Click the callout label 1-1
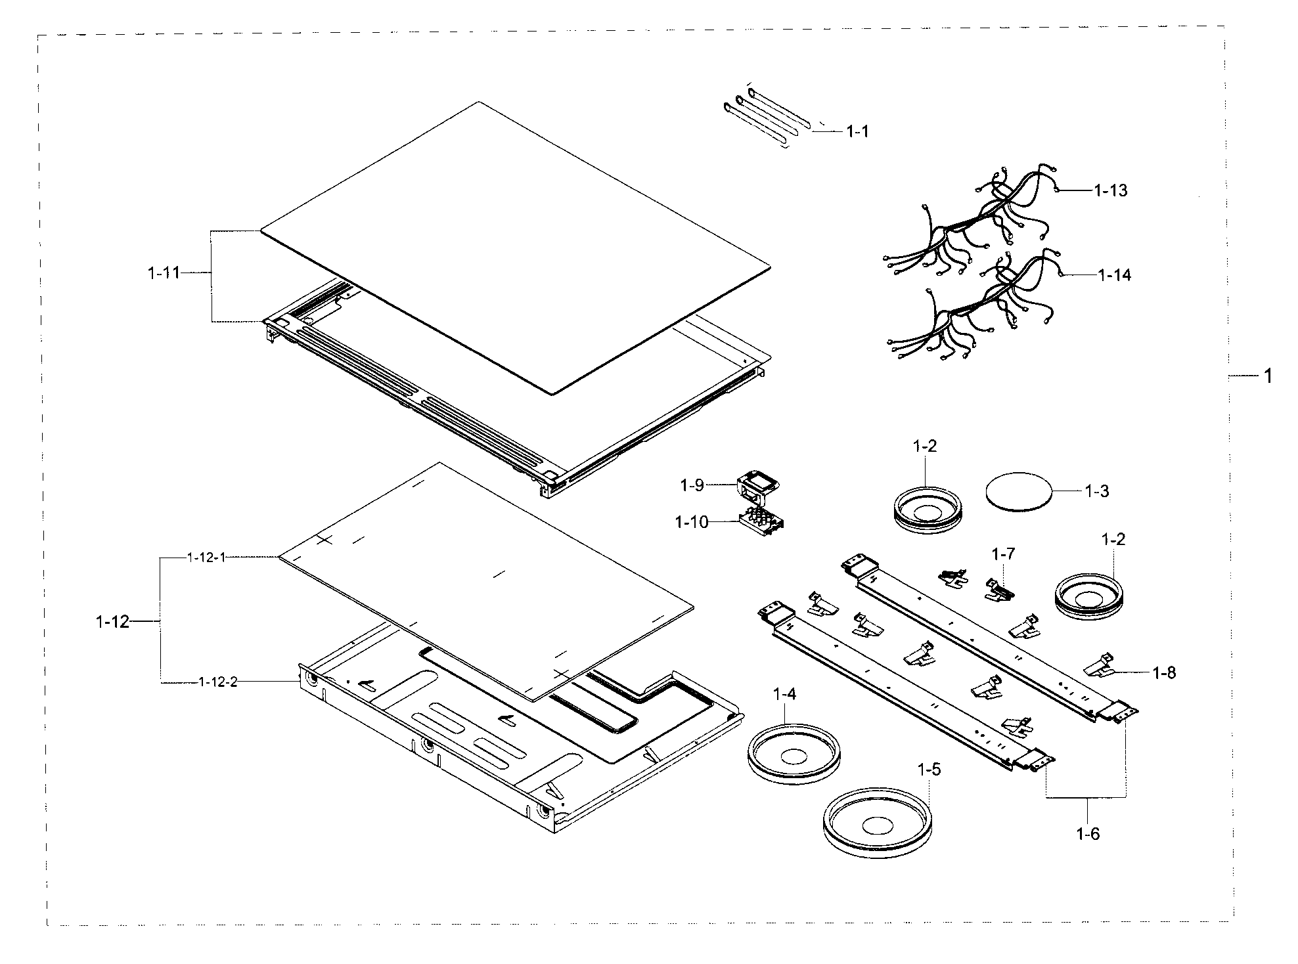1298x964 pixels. click(857, 132)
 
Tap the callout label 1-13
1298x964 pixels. click(1110, 190)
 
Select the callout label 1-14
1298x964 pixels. click(1115, 275)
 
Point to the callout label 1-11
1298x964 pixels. click(164, 273)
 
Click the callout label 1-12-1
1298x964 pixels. click(206, 558)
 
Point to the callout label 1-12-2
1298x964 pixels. click(217, 682)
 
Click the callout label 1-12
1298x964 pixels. click(112, 621)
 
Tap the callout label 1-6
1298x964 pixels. click(1088, 834)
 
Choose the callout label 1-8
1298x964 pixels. click(1164, 673)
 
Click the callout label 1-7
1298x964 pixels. click(1003, 554)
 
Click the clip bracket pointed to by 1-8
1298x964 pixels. click(1100, 667)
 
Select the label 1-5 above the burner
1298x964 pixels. click(929, 769)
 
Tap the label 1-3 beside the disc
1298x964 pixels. click(1097, 491)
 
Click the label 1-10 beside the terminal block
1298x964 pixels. click(692, 523)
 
